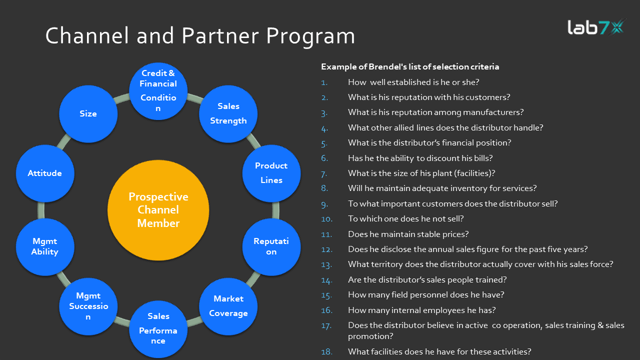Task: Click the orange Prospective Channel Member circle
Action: (158, 210)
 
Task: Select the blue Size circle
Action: (88, 113)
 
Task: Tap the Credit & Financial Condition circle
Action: (158, 90)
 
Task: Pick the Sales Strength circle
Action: (228, 113)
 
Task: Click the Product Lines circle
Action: (271, 173)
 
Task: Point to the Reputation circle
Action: (271, 246)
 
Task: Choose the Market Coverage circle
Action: (228, 305)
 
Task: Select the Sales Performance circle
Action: (158, 328)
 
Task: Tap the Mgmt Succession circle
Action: (88, 305)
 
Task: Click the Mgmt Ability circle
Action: (45, 246)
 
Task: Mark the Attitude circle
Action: (45, 173)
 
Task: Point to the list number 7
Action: (324, 173)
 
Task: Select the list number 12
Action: (326, 249)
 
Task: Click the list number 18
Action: (326, 352)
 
